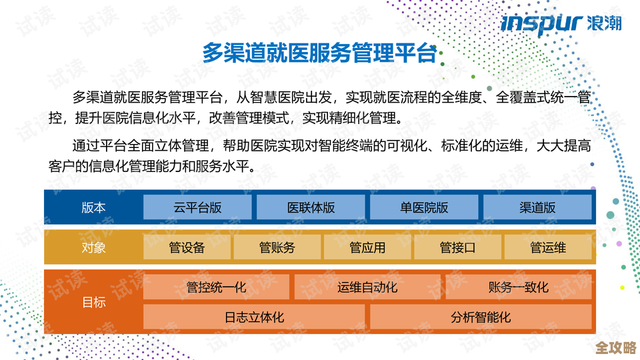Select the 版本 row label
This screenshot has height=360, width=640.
coord(93,207)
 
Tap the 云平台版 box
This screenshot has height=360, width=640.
coord(197,207)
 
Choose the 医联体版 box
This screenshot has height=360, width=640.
coord(311,207)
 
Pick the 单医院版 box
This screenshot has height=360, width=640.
coord(424,207)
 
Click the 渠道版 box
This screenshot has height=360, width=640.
coord(537,207)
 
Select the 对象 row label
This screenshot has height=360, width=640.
coord(93,247)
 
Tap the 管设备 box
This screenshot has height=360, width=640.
coord(187,247)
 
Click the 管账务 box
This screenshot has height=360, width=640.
coord(277,247)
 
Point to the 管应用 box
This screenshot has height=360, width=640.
coord(367,247)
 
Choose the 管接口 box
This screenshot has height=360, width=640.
coord(457,247)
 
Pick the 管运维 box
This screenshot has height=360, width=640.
coord(548,247)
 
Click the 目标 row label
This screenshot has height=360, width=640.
coord(93,302)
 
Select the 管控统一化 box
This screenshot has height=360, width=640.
coord(217,287)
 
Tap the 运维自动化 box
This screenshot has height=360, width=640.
coord(367,287)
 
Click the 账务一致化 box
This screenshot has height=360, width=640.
coord(519,287)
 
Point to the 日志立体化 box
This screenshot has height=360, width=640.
coord(254,317)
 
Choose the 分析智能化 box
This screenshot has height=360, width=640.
coord(481,317)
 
